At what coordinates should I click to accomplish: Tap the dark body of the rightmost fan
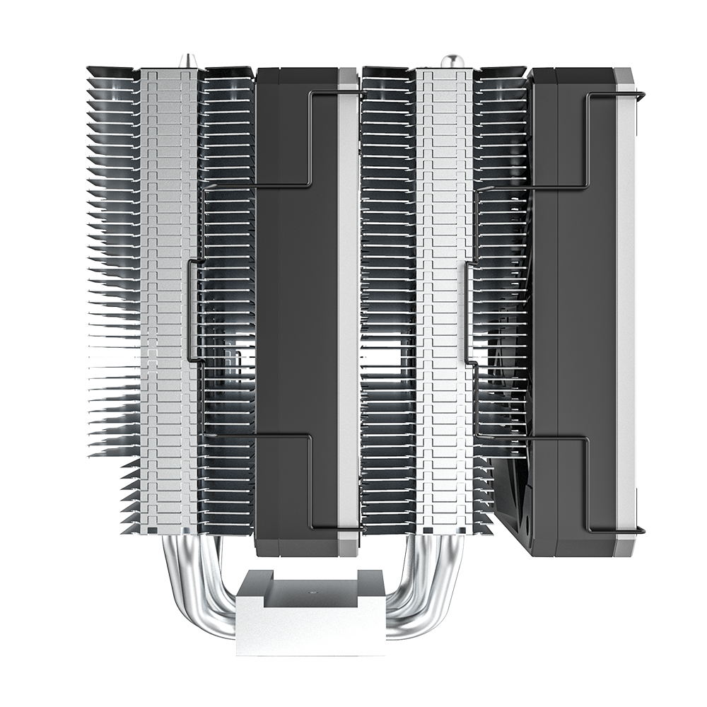click(x=573, y=311)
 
